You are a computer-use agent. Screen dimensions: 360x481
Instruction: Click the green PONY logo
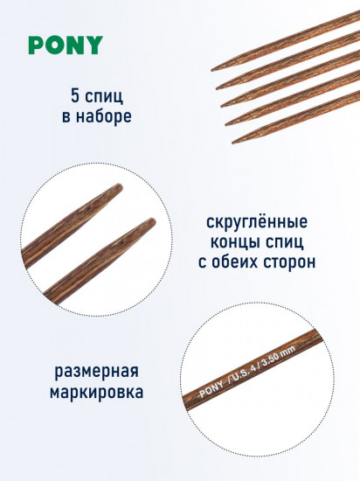(66, 45)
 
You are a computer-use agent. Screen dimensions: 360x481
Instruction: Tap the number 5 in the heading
(75, 95)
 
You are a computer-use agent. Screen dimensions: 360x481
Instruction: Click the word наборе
(104, 117)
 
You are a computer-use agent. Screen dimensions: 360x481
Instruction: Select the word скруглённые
(257, 222)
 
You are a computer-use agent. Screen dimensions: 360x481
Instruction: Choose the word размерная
(96, 372)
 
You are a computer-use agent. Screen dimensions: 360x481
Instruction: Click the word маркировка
(96, 392)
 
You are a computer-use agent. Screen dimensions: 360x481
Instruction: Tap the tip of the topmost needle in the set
(212, 70)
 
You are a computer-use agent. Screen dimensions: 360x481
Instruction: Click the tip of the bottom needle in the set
(232, 143)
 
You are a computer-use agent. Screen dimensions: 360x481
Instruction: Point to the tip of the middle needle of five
(222, 106)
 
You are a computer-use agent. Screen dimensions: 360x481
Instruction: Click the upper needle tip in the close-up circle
(120, 186)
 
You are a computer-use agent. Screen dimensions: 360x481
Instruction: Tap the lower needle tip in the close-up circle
(153, 221)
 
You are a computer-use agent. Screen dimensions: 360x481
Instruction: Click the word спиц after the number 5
(104, 96)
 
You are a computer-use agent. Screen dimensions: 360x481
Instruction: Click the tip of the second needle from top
(217, 88)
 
